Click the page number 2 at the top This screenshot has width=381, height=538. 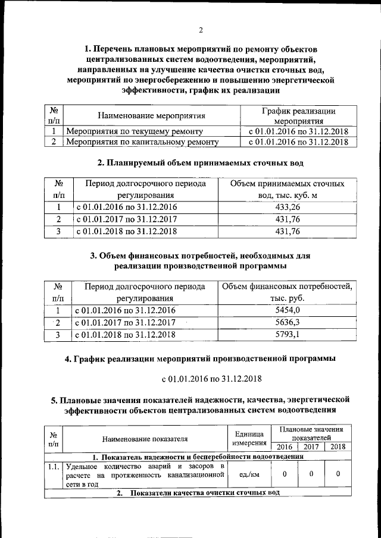[201, 30]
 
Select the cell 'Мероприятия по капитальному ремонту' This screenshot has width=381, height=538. [142, 142]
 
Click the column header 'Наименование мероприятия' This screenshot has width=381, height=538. [151, 115]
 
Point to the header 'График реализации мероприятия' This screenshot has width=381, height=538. [298, 115]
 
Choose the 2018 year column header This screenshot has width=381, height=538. [338, 447]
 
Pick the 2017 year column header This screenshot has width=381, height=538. [311, 447]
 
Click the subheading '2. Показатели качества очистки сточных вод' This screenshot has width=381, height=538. [198, 493]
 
